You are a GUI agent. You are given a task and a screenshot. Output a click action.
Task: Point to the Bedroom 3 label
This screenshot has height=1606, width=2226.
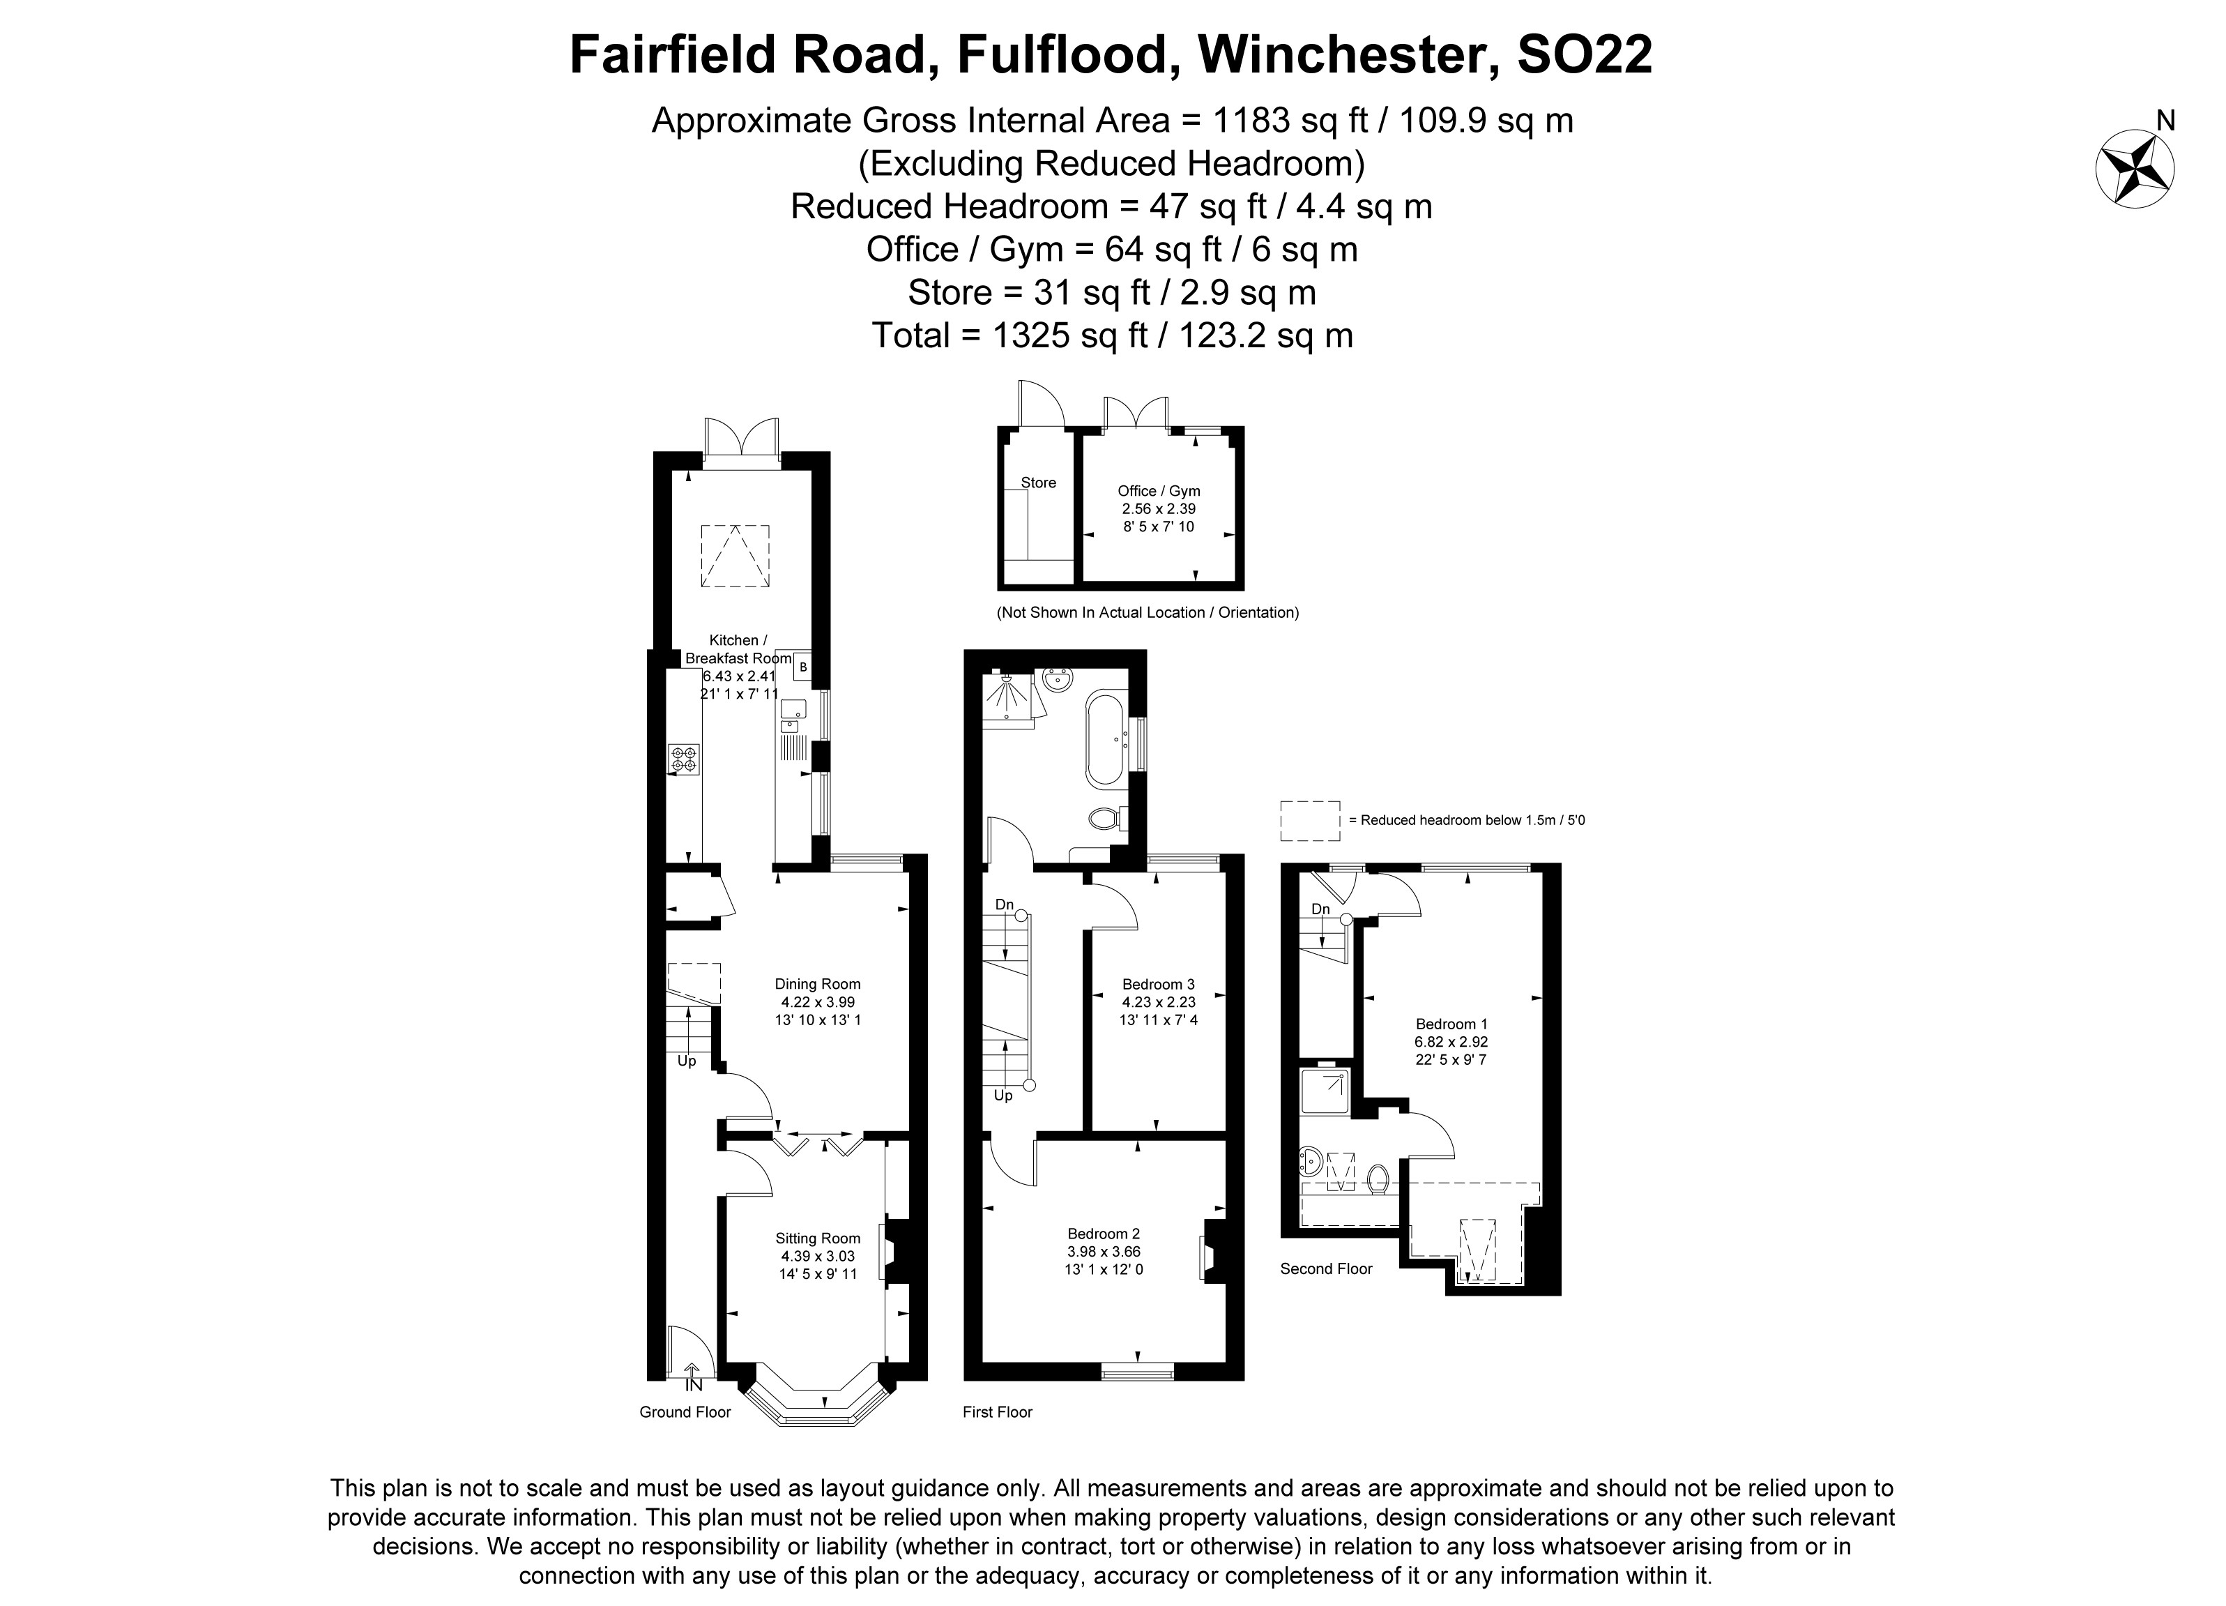tap(1158, 985)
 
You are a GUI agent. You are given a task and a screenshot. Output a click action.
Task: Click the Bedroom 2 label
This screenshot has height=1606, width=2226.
tap(1103, 1234)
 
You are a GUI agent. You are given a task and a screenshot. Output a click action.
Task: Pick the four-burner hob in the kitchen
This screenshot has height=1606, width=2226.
tap(684, 759)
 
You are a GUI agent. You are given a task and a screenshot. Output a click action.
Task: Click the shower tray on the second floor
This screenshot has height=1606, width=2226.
tap(1324, 1091)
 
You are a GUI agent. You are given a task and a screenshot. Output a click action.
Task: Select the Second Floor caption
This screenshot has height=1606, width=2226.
tap(1325, 1269)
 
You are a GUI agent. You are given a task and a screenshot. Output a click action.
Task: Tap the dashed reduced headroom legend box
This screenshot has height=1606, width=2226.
tap(1309, 821)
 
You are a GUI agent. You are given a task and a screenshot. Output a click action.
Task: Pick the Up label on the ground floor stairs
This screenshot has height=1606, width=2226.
tap(686, 1061)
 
